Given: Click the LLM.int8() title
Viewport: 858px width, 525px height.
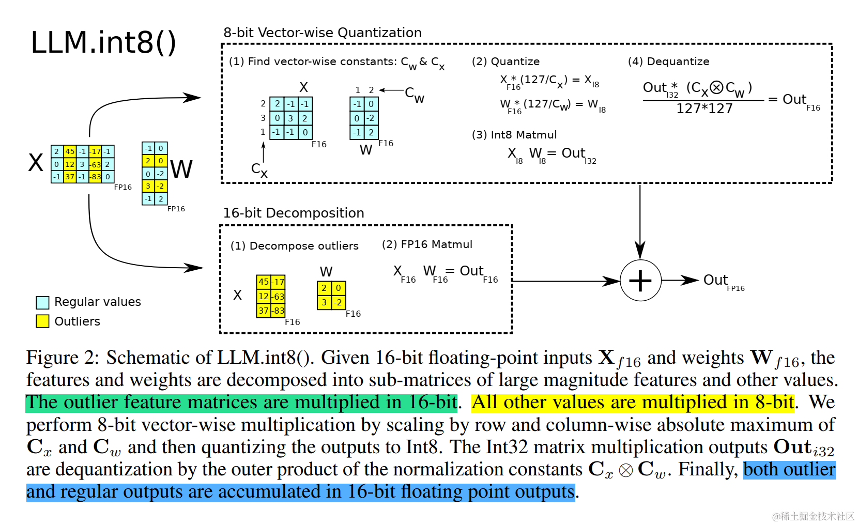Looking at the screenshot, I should [x=103, y=42].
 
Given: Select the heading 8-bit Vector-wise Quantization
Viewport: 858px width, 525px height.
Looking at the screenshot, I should [x=322, y=33].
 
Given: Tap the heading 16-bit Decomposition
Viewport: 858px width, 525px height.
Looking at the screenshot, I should [x=293, y=213].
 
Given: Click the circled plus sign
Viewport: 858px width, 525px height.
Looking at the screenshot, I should [x=640, y=281].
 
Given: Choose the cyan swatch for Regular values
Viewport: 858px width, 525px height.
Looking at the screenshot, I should [x=42, y=302].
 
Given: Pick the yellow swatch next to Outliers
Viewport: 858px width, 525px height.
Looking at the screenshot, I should [x=42, y=321].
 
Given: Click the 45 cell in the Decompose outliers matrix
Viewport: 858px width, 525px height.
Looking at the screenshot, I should [x=264, y=282].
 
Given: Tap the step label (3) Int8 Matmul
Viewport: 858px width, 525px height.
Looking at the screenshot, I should [x=514, y=135].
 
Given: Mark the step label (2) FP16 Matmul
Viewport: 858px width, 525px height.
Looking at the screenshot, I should [x=427, y=244].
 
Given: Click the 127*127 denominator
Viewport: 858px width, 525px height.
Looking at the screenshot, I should [x=704, y=109].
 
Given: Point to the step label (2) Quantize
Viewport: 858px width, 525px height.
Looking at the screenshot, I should [x=505, y=61].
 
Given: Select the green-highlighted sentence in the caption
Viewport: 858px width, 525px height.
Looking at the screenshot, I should [x=241, y=403].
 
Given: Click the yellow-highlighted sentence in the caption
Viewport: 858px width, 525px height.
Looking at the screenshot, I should [x=633, y=403].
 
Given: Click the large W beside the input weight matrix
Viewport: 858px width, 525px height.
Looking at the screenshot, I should [x=181, y=169].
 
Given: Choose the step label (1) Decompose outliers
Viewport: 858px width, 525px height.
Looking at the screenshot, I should [x=294, y=246].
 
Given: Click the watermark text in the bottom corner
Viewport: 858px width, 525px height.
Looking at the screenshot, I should [x=813, y=516].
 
